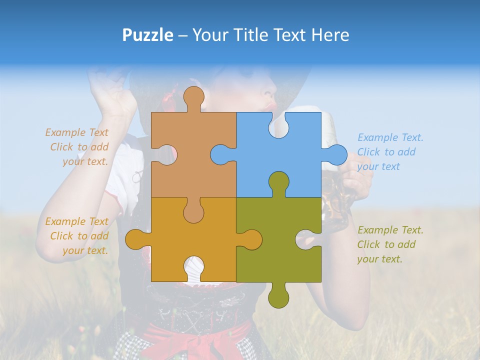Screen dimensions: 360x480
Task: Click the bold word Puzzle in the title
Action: (148, 35)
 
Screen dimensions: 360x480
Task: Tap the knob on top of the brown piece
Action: (193, 97)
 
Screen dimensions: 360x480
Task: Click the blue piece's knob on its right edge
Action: (335, 154)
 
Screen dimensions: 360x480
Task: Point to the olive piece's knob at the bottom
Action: (278, 297)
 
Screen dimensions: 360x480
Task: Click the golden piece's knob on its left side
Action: (136, 239)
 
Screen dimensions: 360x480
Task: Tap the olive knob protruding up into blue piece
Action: (278, 182)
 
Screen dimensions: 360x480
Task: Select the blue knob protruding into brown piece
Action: (220, 154)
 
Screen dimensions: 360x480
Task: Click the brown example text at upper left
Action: (77, 147)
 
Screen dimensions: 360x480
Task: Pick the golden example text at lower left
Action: (77, 236)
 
